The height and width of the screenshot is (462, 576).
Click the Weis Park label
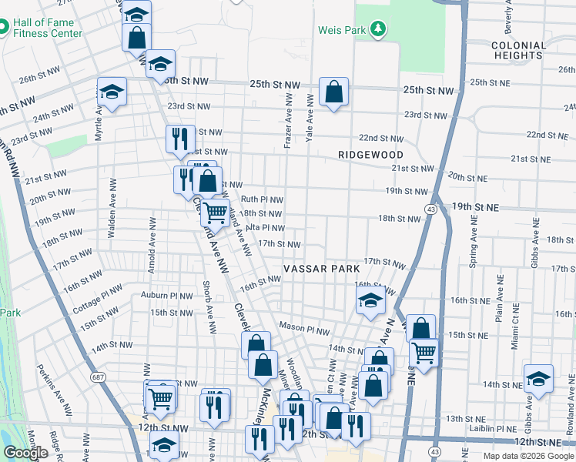(343, 31)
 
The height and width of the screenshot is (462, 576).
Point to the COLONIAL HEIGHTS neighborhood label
(518, 50)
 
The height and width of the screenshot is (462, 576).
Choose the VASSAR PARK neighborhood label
(321, 269)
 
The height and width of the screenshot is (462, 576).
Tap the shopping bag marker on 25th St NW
(333, 93)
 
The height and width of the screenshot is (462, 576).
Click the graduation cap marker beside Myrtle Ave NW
(112, 92)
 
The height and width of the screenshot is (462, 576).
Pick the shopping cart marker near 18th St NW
(216, 211)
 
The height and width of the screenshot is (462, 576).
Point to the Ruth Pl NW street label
(262, 199)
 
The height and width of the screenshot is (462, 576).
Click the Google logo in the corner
(26, 453)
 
